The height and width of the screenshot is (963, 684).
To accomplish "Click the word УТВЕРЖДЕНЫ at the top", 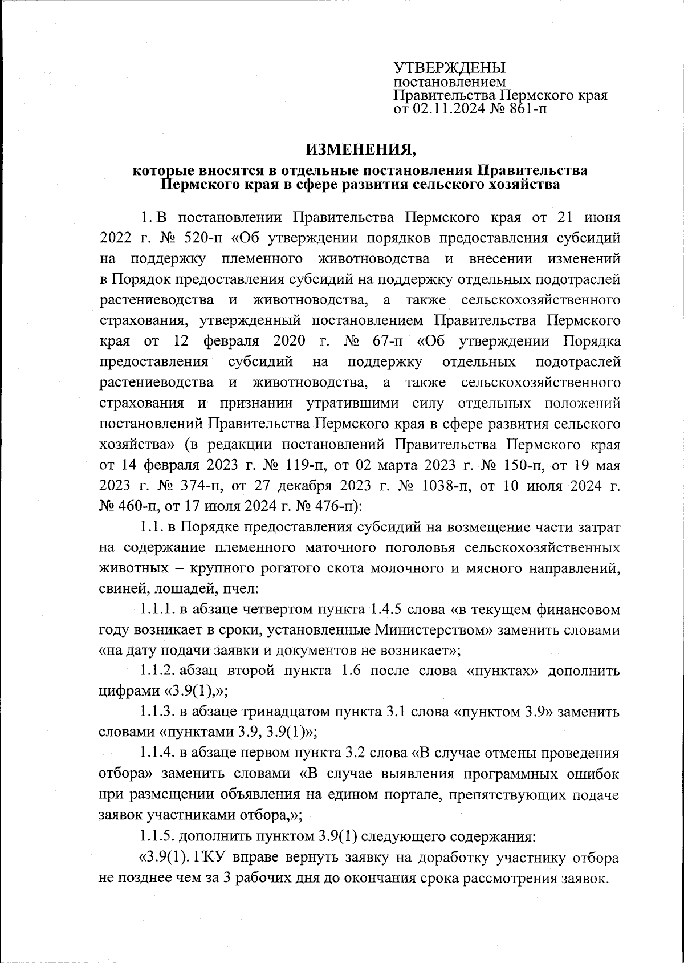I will [x=450, y=68].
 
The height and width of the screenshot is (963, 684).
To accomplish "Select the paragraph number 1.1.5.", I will [x=156, y=836].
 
